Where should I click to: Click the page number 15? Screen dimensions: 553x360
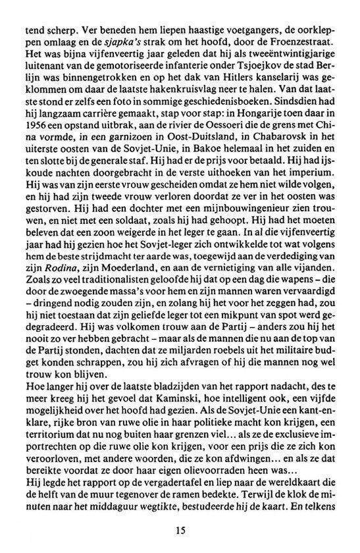(x=180, y=529)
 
